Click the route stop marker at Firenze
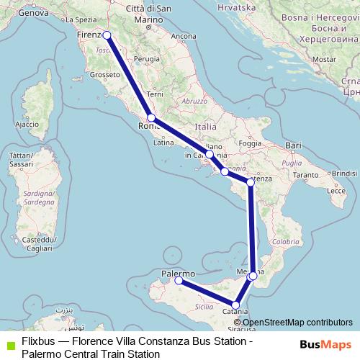coord(107,35)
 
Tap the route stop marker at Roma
coord(151,117)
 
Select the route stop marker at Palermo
coord(179,282)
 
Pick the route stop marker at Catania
coord(235,305)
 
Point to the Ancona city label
coord(184,36)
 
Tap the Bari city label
coord(293,146)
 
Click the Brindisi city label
coord(345,174)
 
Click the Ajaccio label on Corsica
coord(27,125)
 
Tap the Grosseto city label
coord(104,74)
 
